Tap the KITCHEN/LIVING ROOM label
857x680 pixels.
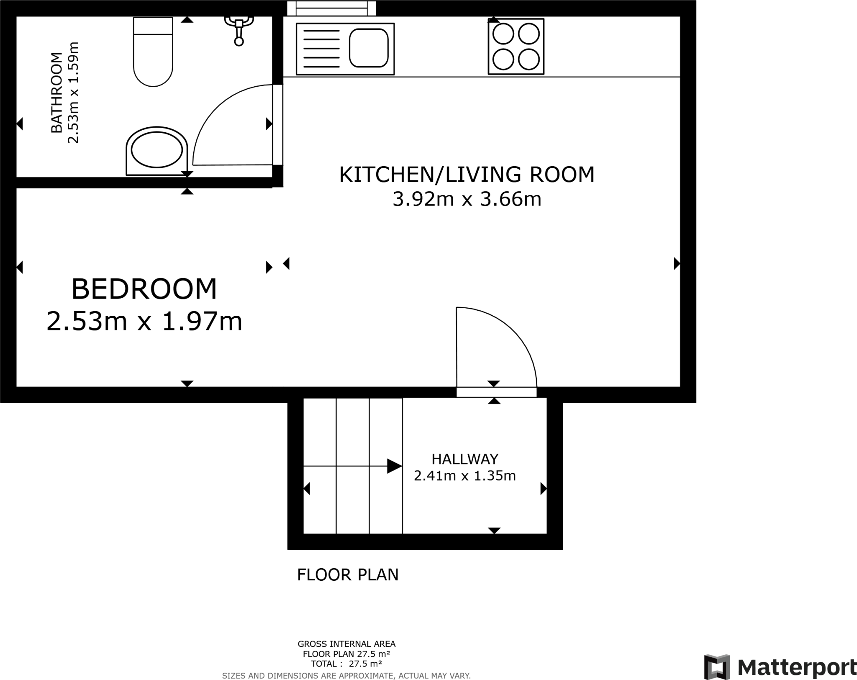(x=467, y=175)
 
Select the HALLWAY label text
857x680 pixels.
(x=465, y=459)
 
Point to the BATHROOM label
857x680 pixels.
(x=56, y=93)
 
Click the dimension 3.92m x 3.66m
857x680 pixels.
(x=467, y=199)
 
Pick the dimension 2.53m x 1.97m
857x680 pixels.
(x=144, y=322)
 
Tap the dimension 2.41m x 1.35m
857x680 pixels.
(x=465, y=476)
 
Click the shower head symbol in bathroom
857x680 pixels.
(x=239, y=29)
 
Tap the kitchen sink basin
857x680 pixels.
(x=368, y=48)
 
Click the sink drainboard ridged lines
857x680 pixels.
(x=321, y=49)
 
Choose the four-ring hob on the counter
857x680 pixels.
(x=516, y=46)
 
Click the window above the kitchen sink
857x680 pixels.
(x=331, y=8)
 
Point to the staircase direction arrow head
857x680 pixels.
(x=394, y=466)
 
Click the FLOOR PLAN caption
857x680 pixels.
(x=348, y=575)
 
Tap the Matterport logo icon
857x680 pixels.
(x=717, y=667)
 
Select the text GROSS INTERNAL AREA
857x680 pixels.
(x=346, y=644)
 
